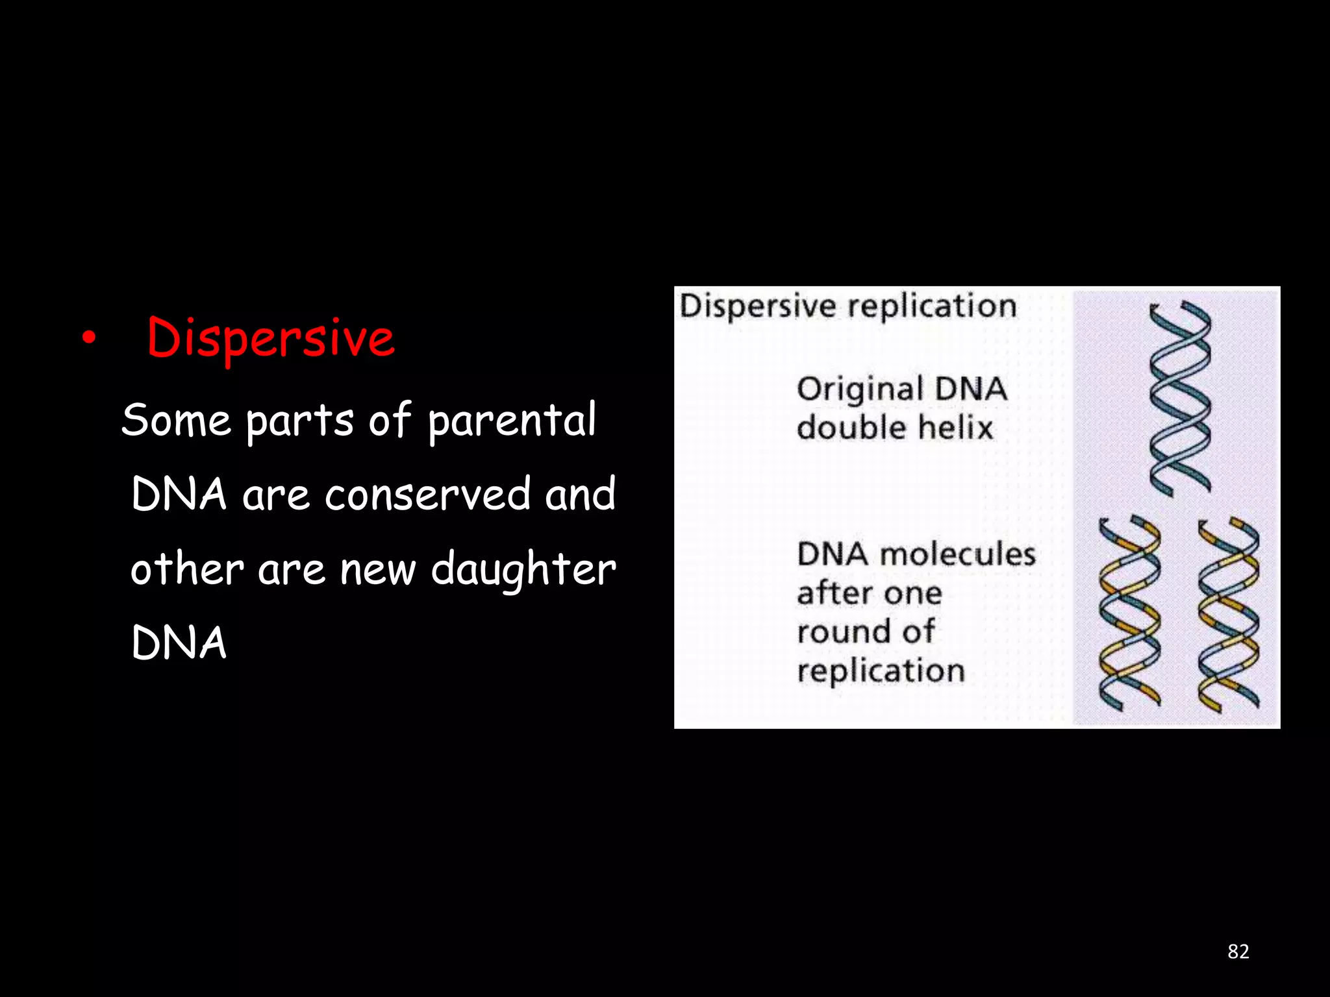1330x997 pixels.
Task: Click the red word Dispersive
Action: (x=270, y=338)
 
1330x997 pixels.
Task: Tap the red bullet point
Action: (x=89, y=338)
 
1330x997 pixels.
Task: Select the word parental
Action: (x=512, y=420)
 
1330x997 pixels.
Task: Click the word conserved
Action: (x=427, y=495)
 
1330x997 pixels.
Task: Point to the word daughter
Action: (x=523, y=569)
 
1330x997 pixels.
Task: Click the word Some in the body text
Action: (x=176, y=420)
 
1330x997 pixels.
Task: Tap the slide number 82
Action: (x=1238, y=952)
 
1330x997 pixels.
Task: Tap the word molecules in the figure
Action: (x=958, y=554)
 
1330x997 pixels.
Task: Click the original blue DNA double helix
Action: (x=1179, y=399)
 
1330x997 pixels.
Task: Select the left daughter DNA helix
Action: (x=1129, y=613)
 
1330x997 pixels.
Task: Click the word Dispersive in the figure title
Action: (x=758, y=306)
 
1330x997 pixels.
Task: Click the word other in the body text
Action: (x=187, y=569)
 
